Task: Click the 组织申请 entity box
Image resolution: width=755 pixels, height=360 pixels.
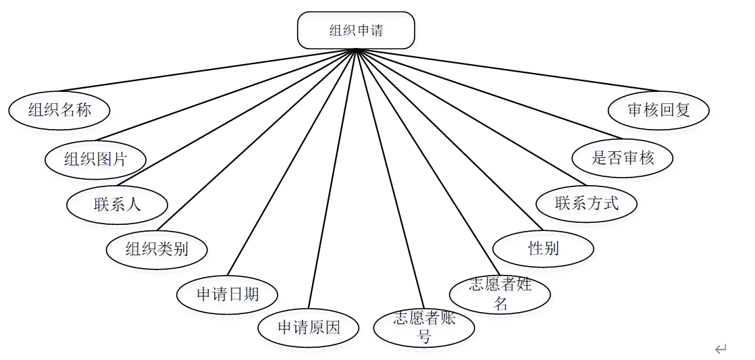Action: [356, 30]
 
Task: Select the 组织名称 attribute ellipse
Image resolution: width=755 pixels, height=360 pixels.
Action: [59, 110]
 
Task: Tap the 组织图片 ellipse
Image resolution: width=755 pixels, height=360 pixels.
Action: [95, 159]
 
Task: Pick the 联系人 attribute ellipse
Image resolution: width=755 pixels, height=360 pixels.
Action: [118, 204]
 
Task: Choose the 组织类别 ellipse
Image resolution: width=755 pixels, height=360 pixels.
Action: [157, 249]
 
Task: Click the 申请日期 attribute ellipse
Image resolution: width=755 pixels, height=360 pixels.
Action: [228, 294]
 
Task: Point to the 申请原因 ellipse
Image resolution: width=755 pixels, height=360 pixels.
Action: [309, 328]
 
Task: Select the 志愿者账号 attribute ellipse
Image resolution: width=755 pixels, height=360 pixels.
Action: [424, 328]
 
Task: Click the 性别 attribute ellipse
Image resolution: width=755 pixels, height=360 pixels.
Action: [543, 249]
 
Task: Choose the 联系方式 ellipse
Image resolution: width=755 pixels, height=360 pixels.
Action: [586, 203]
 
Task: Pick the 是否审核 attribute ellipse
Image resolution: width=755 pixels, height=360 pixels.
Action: [623, 159]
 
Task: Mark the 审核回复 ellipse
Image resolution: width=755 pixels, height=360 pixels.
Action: [658, 110]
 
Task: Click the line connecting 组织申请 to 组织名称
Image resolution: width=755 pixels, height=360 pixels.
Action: [203, 71]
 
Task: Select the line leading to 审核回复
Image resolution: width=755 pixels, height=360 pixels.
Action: [506, 70]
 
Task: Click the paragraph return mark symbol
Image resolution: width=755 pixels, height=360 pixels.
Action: [721, 349]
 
